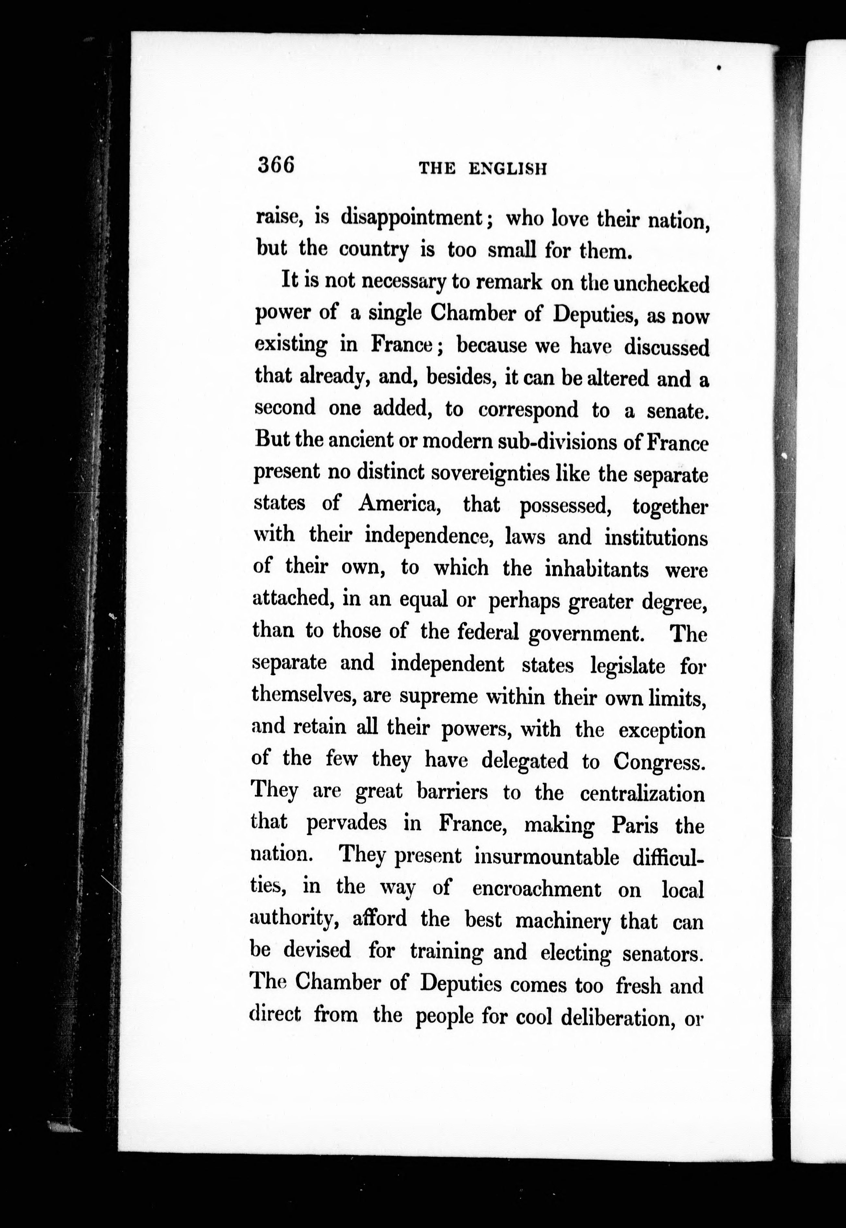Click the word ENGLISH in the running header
507,169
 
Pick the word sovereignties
490,473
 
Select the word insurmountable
546,857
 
